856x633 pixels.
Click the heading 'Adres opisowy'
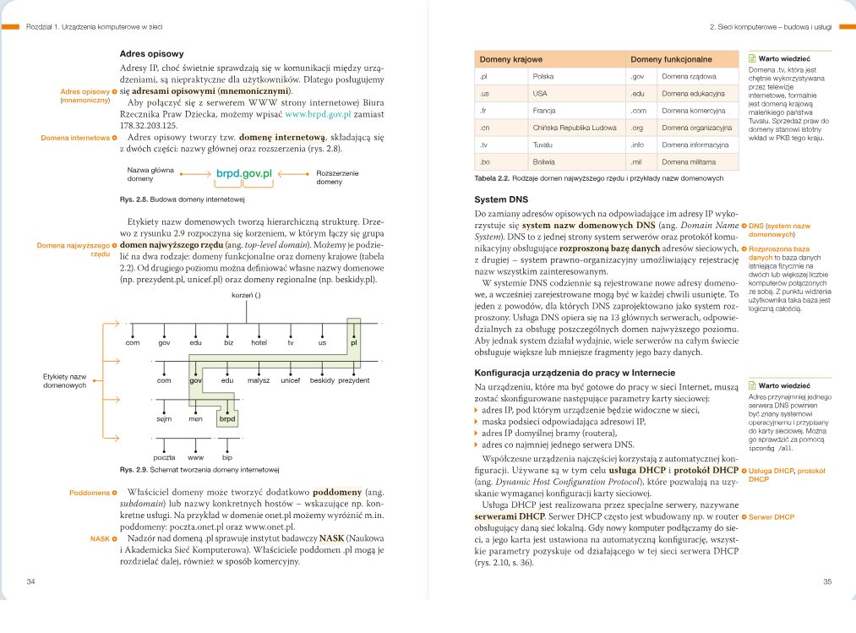click(x=151, y=52)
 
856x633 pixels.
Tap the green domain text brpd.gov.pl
click(x=242, y=174)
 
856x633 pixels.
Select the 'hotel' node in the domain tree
click(x=259, y=343)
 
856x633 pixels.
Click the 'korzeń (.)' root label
click(x=246, y=295)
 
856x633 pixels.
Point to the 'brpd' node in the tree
click(x=227, y=418)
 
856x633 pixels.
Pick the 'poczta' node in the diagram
click(x=164, y=456)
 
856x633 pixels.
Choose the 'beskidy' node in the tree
click(x=322, y=381)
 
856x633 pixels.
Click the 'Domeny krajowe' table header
click(x=511, y=60)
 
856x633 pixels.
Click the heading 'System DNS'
click(x=501, y=199)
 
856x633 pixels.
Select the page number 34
click(x=31, y=581)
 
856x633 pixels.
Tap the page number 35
click(x=827, y=581)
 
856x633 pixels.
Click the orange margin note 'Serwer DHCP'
click(x=771, y=516)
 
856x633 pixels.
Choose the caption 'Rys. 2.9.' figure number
click(x=133, y=470)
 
